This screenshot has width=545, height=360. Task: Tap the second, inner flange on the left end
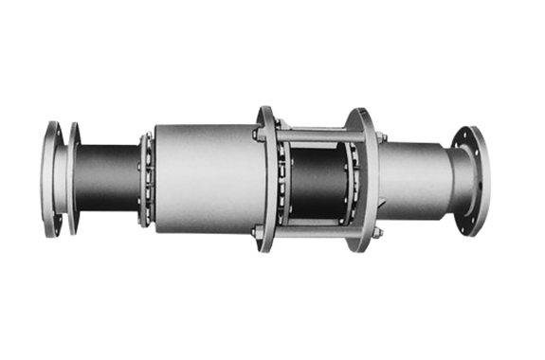(75, 178)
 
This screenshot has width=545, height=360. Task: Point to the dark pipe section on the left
(109, 178)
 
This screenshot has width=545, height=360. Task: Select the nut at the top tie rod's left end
(257, 134)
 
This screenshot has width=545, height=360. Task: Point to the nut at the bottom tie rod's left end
(257, 230)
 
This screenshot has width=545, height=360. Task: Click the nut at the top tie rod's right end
(379, 138)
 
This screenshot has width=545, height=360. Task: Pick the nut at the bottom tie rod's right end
(377, 231)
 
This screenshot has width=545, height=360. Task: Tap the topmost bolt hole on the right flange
(469, 135)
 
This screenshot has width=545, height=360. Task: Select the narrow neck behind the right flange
(454, 180)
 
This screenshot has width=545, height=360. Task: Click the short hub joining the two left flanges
(64, 178)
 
